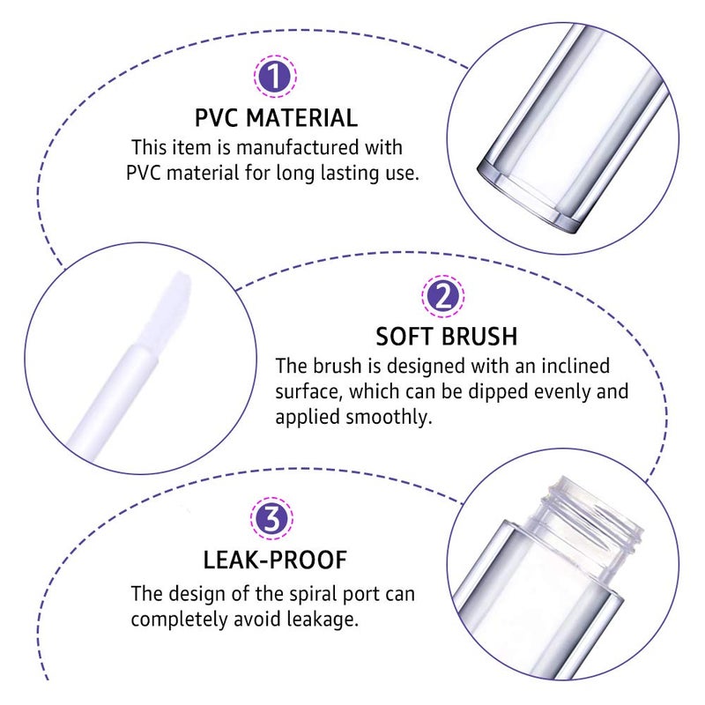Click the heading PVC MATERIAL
tap(276, 117)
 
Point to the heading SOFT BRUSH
tap(446, 337)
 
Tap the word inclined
tap(569, 365)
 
